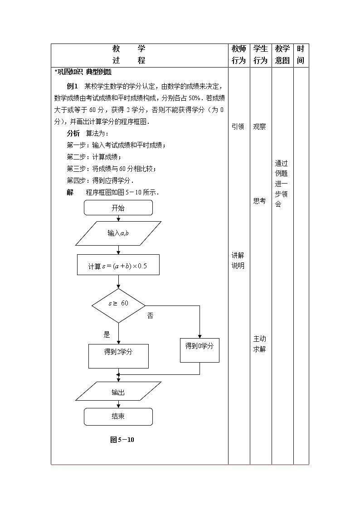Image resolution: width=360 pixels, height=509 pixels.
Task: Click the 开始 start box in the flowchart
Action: (118, 208)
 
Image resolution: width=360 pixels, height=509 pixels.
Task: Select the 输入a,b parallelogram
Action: (118, 233)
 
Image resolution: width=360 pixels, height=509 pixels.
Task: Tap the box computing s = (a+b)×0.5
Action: (118, 265)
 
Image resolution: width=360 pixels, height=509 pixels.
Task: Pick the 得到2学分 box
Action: (118, 355)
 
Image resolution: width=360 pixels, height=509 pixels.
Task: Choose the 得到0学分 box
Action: (199, 350)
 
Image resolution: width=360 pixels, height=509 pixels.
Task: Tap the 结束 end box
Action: (118, 416)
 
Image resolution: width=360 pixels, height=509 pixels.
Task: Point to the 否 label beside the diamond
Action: (150, 315)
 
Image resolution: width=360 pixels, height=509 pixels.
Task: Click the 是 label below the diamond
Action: (107, 334)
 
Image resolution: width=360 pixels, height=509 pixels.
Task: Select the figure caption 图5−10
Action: (122, 439)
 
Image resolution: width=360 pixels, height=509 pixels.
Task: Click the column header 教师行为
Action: (239, 55)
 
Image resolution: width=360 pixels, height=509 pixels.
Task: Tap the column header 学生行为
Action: (261, 55)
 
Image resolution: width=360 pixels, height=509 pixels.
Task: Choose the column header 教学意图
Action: (282, 55)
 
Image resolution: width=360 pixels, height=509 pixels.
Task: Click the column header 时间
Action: (301, 55)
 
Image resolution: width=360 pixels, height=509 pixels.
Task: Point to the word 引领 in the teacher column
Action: (238, 127)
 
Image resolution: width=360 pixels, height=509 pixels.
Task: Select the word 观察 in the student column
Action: (260, 127)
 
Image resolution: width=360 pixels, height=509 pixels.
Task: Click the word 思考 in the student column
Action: (260, 201)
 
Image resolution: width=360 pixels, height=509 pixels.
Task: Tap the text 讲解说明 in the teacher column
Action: (238, 261)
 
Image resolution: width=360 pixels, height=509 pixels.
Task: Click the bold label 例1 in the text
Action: (73, 86)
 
